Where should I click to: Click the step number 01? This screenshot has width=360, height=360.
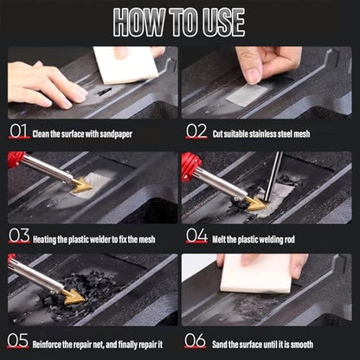point(18,131)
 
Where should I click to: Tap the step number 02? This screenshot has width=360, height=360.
point(196,131)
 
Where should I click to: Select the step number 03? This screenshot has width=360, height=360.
point(19,235)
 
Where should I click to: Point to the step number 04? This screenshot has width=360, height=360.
point(196,235)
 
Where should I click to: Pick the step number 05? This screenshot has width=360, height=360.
point(18,341)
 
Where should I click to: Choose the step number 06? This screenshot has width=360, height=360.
point(195,341)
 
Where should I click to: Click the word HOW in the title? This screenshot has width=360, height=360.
point(139,22)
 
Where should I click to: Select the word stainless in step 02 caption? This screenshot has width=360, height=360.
point(262,134)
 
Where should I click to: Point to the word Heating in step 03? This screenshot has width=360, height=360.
point(44,240)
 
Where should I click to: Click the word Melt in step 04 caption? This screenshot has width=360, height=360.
point(219,240)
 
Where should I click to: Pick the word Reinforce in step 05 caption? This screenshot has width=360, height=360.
point(47,344)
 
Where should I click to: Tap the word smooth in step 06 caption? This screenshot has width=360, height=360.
point(302,344)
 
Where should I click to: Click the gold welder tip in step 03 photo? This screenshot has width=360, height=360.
point(82,185)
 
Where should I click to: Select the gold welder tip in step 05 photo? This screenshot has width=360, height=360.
point(74,297)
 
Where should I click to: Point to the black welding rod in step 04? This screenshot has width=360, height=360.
point(273,177)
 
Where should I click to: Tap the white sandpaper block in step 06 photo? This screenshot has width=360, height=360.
point(256,273)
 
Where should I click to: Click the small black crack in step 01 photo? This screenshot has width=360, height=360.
point(105,92)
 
